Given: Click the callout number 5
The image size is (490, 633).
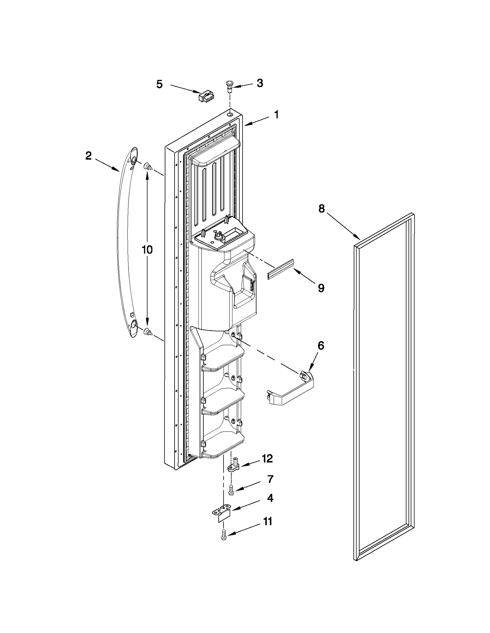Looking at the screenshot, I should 159,84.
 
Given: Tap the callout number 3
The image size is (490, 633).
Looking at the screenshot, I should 260,83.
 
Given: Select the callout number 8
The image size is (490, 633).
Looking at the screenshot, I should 321,209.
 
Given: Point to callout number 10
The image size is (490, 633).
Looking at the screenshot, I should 147,250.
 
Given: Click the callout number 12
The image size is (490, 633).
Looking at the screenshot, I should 267,467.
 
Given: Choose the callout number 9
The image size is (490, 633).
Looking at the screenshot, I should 321,288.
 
